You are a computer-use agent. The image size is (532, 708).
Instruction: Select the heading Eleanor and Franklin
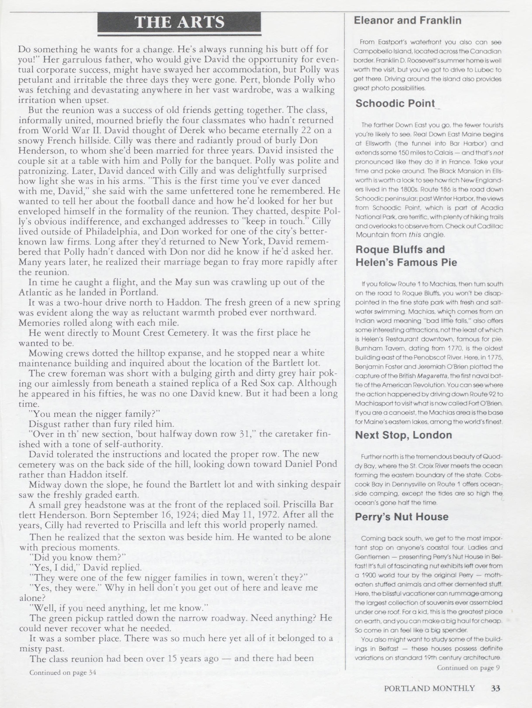pos(407,21)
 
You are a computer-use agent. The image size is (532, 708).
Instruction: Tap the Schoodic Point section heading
pos(395,103)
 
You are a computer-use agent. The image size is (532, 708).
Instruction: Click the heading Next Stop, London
pos(404,435)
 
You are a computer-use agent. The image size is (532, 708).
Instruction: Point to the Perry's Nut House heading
pos(402,517)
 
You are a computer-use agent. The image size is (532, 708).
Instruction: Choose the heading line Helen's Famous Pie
pos(406,262)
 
